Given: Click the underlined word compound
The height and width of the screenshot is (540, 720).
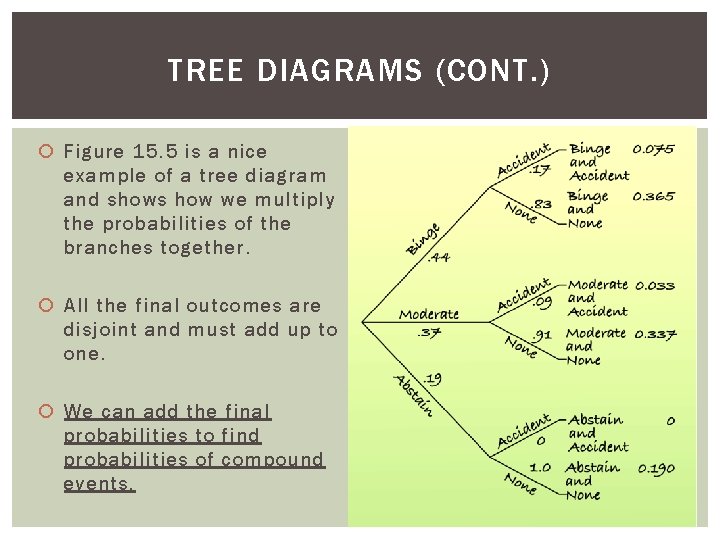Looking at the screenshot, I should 273,460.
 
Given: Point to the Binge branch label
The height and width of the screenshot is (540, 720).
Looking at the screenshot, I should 422,238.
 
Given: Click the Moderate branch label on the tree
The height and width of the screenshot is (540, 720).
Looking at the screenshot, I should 429,314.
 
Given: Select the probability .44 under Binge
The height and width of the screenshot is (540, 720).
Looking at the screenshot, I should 438,257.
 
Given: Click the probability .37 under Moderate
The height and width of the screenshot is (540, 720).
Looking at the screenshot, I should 429,332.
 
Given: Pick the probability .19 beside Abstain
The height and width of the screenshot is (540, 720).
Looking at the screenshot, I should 432,379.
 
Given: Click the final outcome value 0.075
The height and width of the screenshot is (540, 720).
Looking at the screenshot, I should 653,150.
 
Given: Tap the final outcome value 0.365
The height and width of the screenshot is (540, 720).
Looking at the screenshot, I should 653,197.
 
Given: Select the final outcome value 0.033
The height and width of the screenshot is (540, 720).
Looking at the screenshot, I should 655,286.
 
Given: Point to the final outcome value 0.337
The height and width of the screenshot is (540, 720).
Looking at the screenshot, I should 655,333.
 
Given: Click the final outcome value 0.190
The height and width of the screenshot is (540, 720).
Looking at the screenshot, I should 655,468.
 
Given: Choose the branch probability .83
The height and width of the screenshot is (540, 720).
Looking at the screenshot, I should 542,204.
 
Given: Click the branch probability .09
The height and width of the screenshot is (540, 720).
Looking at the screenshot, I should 541,300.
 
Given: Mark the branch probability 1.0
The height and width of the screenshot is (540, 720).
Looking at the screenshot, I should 539,467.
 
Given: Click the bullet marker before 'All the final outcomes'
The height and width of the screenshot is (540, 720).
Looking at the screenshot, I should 46,306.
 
